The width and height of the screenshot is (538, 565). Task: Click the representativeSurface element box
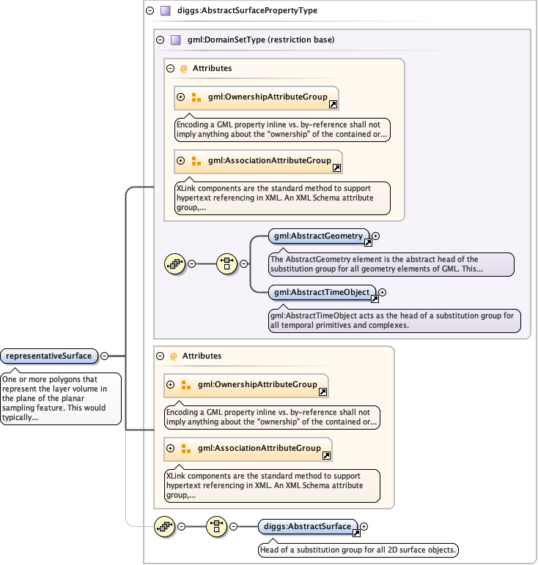(x=49, y=356)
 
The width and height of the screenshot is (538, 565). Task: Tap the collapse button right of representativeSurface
(x=104, y=356)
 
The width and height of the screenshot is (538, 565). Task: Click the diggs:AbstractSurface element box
(x=307, y=525)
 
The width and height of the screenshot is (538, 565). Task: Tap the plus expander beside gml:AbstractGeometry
(x=376, y=236)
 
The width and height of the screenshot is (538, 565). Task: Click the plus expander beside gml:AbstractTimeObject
(x=382, y=293)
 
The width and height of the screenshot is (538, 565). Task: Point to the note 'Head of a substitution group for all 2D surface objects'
(x=358, y=549)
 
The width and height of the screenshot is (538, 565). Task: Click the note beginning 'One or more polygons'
(x=60, y=400)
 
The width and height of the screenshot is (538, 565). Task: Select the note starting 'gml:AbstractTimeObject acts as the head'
(x=394, y=320)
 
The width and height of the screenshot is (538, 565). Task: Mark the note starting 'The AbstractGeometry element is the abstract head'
(x=391, y=264)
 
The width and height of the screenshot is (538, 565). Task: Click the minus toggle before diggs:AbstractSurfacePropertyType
(x=150, y=11)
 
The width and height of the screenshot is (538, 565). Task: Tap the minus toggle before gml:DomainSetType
(x=160, y=40)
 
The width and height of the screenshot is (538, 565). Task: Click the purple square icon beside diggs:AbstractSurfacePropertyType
(x=166, y=11)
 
